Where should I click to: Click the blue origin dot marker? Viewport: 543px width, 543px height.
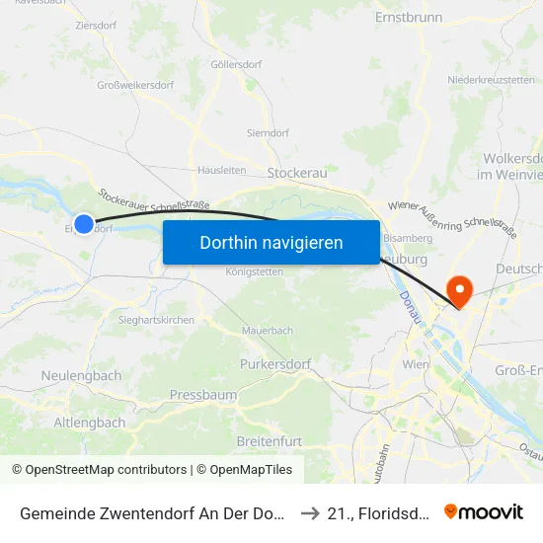[84, 224]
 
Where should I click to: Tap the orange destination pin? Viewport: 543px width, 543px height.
[459, 288]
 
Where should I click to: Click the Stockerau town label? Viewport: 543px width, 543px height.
[297, 172]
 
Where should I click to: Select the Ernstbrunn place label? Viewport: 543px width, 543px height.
[407, 18]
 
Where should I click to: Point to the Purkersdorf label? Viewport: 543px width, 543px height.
[275, 364]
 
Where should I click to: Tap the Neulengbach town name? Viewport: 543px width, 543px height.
[81, 376]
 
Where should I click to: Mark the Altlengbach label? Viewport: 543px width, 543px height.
[89, 423]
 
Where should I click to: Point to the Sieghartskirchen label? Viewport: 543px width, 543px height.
[156, 320]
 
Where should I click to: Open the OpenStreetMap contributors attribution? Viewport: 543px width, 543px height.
[106, 470]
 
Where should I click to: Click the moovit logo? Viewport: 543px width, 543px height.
[484, 511]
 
